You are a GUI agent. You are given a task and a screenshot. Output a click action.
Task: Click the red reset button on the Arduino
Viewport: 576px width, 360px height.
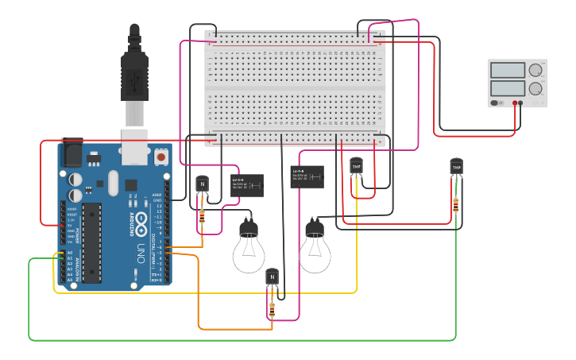point(161,157)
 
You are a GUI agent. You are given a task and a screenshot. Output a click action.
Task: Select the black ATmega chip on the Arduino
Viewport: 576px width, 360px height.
point(92,242)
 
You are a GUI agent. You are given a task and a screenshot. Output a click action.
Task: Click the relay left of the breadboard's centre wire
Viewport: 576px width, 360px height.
point(247,185)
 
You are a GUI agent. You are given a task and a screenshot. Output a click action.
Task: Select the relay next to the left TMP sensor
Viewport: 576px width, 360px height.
point(307,176)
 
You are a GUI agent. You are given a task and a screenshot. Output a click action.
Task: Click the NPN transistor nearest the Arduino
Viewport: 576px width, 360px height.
point(202,184)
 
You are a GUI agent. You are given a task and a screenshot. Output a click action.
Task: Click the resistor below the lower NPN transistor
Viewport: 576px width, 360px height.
point(273,309)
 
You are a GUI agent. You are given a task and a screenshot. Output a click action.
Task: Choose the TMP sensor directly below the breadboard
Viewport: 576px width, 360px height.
point(356,166)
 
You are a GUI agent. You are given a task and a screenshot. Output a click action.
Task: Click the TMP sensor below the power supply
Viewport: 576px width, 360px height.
point(456,167)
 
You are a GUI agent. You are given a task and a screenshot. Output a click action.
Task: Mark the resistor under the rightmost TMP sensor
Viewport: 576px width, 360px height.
point(456,205)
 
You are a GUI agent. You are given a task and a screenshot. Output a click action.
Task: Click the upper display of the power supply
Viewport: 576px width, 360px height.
point(507,70)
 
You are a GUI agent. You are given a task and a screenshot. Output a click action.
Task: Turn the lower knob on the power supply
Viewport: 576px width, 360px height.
point(535,88)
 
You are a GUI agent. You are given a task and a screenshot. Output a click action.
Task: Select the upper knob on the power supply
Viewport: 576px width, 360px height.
point(535,70)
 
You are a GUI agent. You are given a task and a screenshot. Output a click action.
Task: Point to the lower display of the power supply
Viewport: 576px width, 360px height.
point(507,88)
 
